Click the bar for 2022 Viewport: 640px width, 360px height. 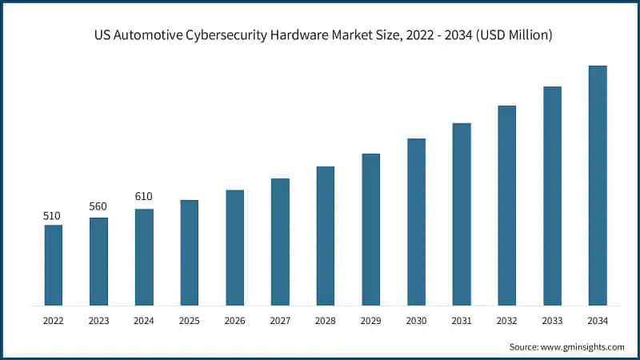[53, 265]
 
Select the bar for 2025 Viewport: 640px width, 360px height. [189, 253]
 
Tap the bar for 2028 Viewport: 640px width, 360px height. [325, 236]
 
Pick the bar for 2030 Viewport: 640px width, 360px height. [416, 222]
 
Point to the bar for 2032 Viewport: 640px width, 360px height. [506, 206]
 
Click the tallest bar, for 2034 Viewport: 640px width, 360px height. [598, 186]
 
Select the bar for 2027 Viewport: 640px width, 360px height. [280, 242]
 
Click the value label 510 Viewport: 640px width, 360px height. [53, 215]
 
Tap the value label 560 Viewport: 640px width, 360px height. [98, 206]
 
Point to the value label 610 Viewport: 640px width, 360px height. [144, 197]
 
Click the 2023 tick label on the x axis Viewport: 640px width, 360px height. [98, 321]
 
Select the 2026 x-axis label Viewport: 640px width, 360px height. [234, 321]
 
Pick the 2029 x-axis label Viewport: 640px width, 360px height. [370, 321]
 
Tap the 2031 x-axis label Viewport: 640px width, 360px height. [462, 321]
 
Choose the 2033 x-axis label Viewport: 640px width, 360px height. [552, 321]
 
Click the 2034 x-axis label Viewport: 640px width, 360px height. [598, 321]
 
